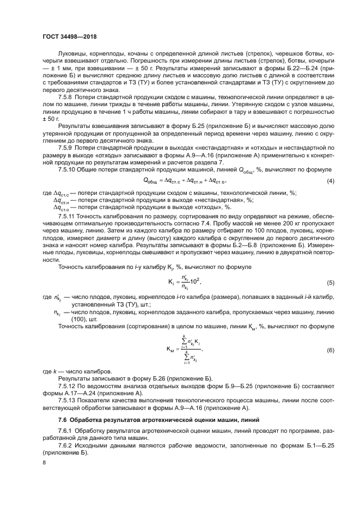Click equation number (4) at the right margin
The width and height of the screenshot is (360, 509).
tap(330, 181)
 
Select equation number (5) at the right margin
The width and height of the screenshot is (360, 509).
tap(330, 283)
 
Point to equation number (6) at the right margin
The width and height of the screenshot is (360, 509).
tap(330, 350)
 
